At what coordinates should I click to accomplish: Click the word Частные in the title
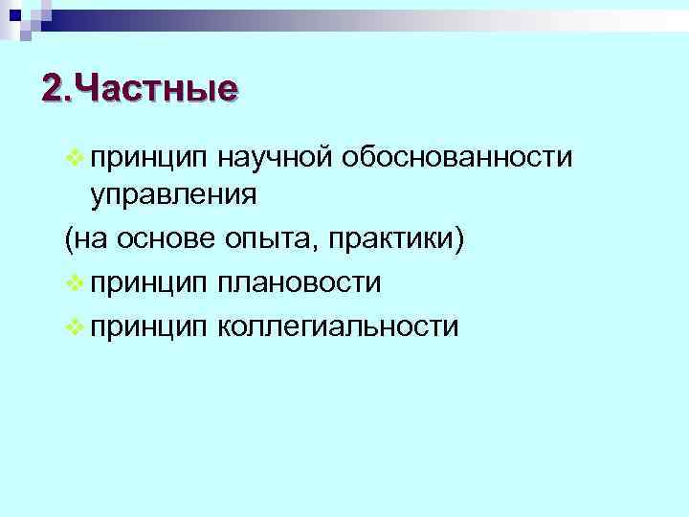[x=155, y=89]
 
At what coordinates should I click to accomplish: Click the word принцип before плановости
[x=147, y=285]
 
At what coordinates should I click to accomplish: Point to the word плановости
[x=299, y=283]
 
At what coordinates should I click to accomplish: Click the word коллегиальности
[x=338, y=327]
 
